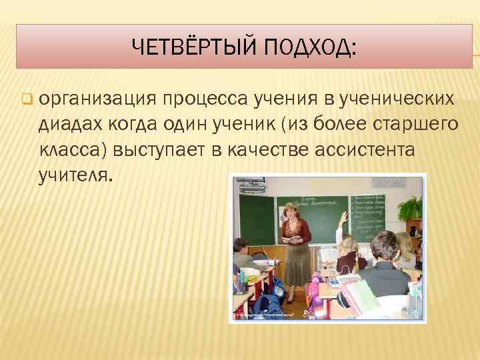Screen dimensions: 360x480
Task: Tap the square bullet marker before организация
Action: tap(27, 101)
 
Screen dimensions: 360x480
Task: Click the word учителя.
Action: tap(77, 175)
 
